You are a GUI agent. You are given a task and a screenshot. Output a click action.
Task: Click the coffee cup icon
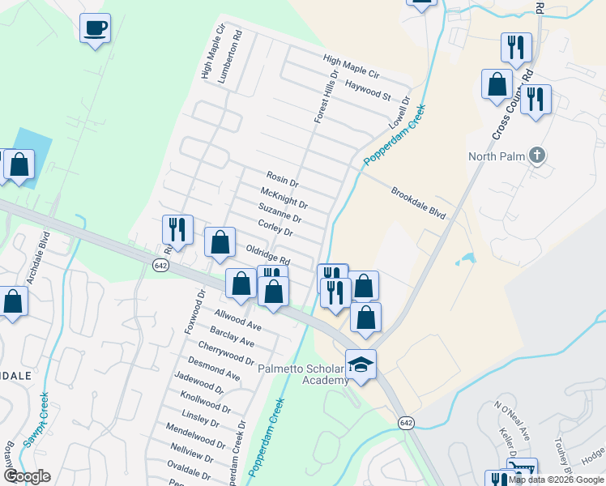pos(95,29)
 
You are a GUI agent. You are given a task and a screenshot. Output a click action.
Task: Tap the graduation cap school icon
pos(361,364)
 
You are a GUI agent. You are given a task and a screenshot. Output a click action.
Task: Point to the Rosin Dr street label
pos(283,178)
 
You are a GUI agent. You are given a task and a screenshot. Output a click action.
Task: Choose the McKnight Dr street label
pos(284,198)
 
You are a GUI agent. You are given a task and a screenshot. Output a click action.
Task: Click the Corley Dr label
pos(275,228)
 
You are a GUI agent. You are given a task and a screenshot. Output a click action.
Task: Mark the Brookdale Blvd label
pos(419,203)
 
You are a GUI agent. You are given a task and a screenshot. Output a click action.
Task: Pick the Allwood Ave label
pos(237,320)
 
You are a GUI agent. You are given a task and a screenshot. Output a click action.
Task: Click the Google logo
pos(28,476)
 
